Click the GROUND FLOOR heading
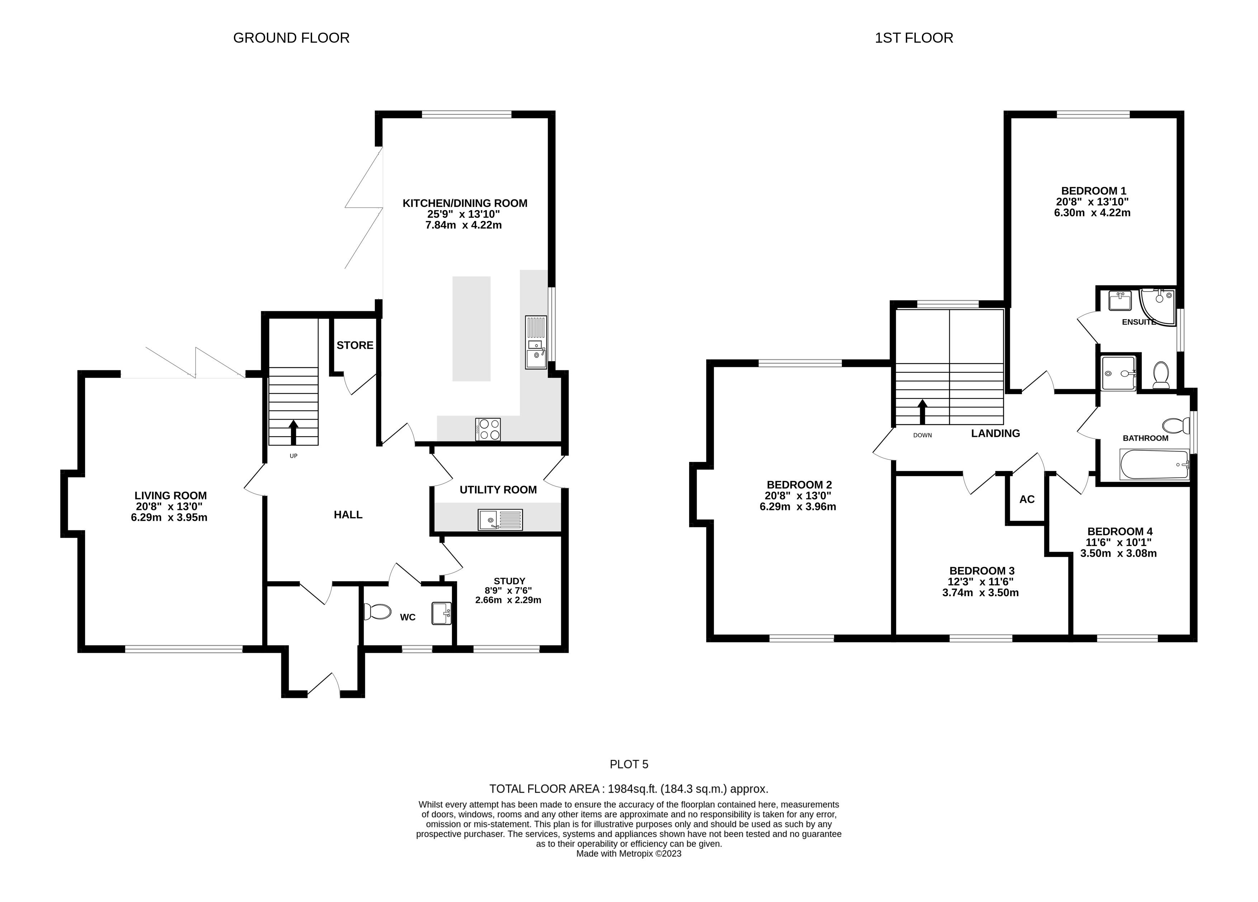[x=291, y=38]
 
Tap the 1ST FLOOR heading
[x=914, y=38]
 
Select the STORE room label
[x=355, y=345]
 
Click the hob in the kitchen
[x=488, y=429]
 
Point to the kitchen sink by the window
[x=536, y=342]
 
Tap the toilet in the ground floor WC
[x=377, y=612]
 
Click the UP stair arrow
[x=293, y=432]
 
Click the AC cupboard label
[x=1027, y=499]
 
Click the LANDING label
[x=996, y=433]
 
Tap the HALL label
[x=348, y=515]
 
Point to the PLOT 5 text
[x=629, y=764]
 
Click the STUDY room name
[x=509, y=581]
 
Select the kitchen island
[x=471, y=329]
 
